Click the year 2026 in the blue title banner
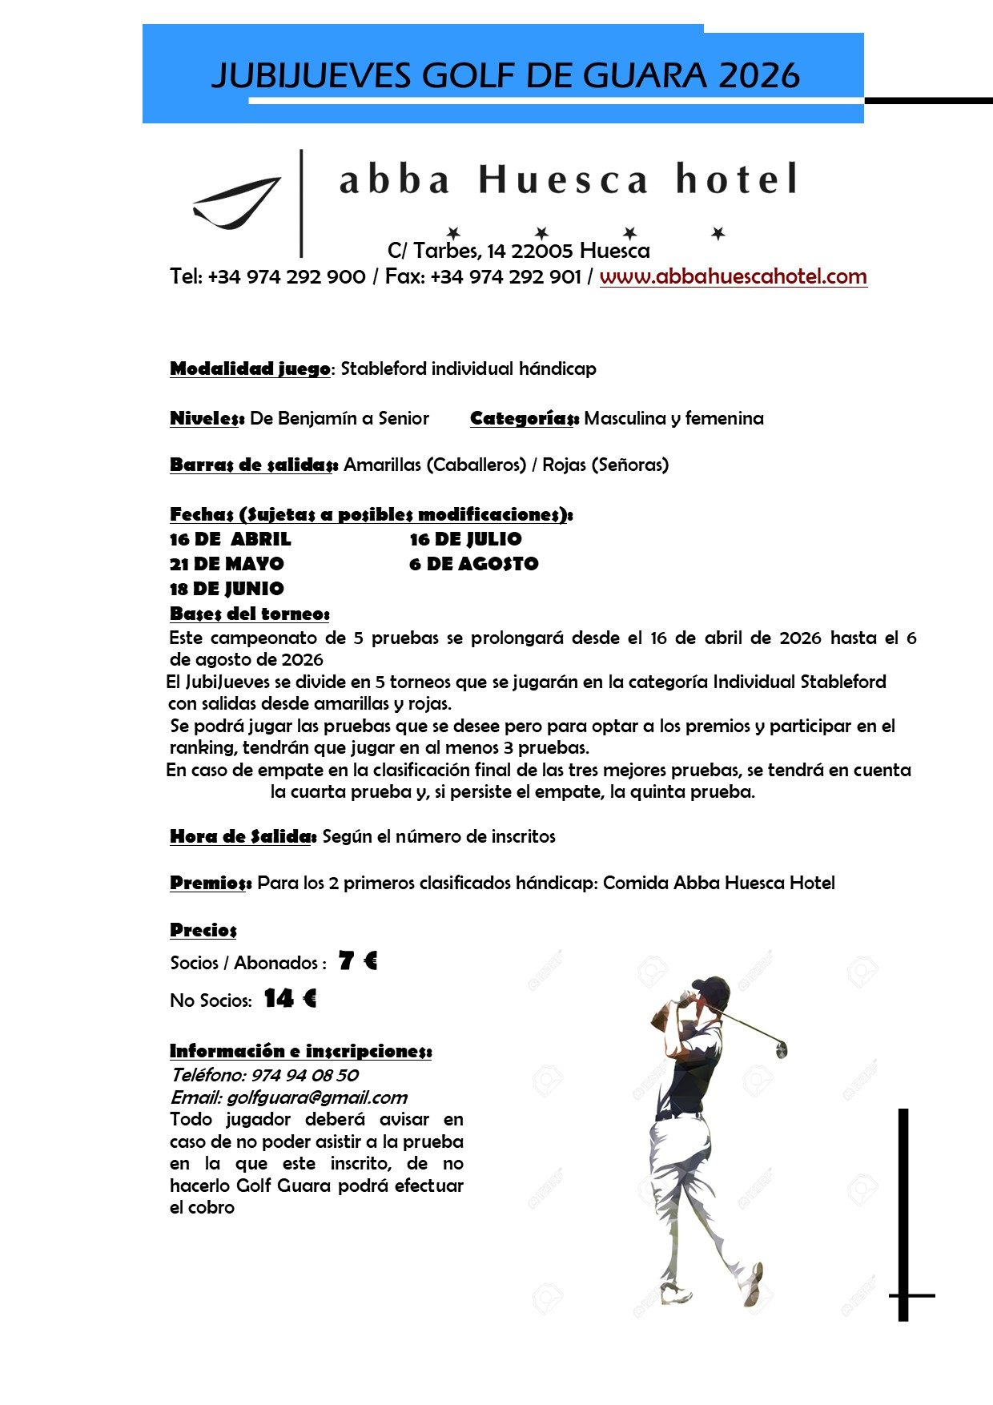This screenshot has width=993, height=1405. (759, 75)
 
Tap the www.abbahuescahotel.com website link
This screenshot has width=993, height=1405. (733, 276)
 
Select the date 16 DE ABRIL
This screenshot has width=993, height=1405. (230, 539)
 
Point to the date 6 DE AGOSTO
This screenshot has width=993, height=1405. (473, 564)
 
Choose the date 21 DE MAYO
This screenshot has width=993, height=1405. (227, 564)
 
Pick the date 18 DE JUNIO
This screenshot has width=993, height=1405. (227, 589)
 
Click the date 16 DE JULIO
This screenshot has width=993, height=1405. (465, 539)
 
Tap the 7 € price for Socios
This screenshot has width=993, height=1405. (357, 960)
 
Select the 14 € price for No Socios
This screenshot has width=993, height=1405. (290, 998)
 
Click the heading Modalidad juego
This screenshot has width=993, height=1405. (250, 368)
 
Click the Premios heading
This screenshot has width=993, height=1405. (210, 883)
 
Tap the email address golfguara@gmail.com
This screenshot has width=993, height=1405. (316, 1097)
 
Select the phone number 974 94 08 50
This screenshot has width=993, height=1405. (304, 1075)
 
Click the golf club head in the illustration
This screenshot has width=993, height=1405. (781, 1049)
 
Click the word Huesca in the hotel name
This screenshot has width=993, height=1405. (563, 179)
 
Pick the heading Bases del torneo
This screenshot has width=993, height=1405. (249, 614)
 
